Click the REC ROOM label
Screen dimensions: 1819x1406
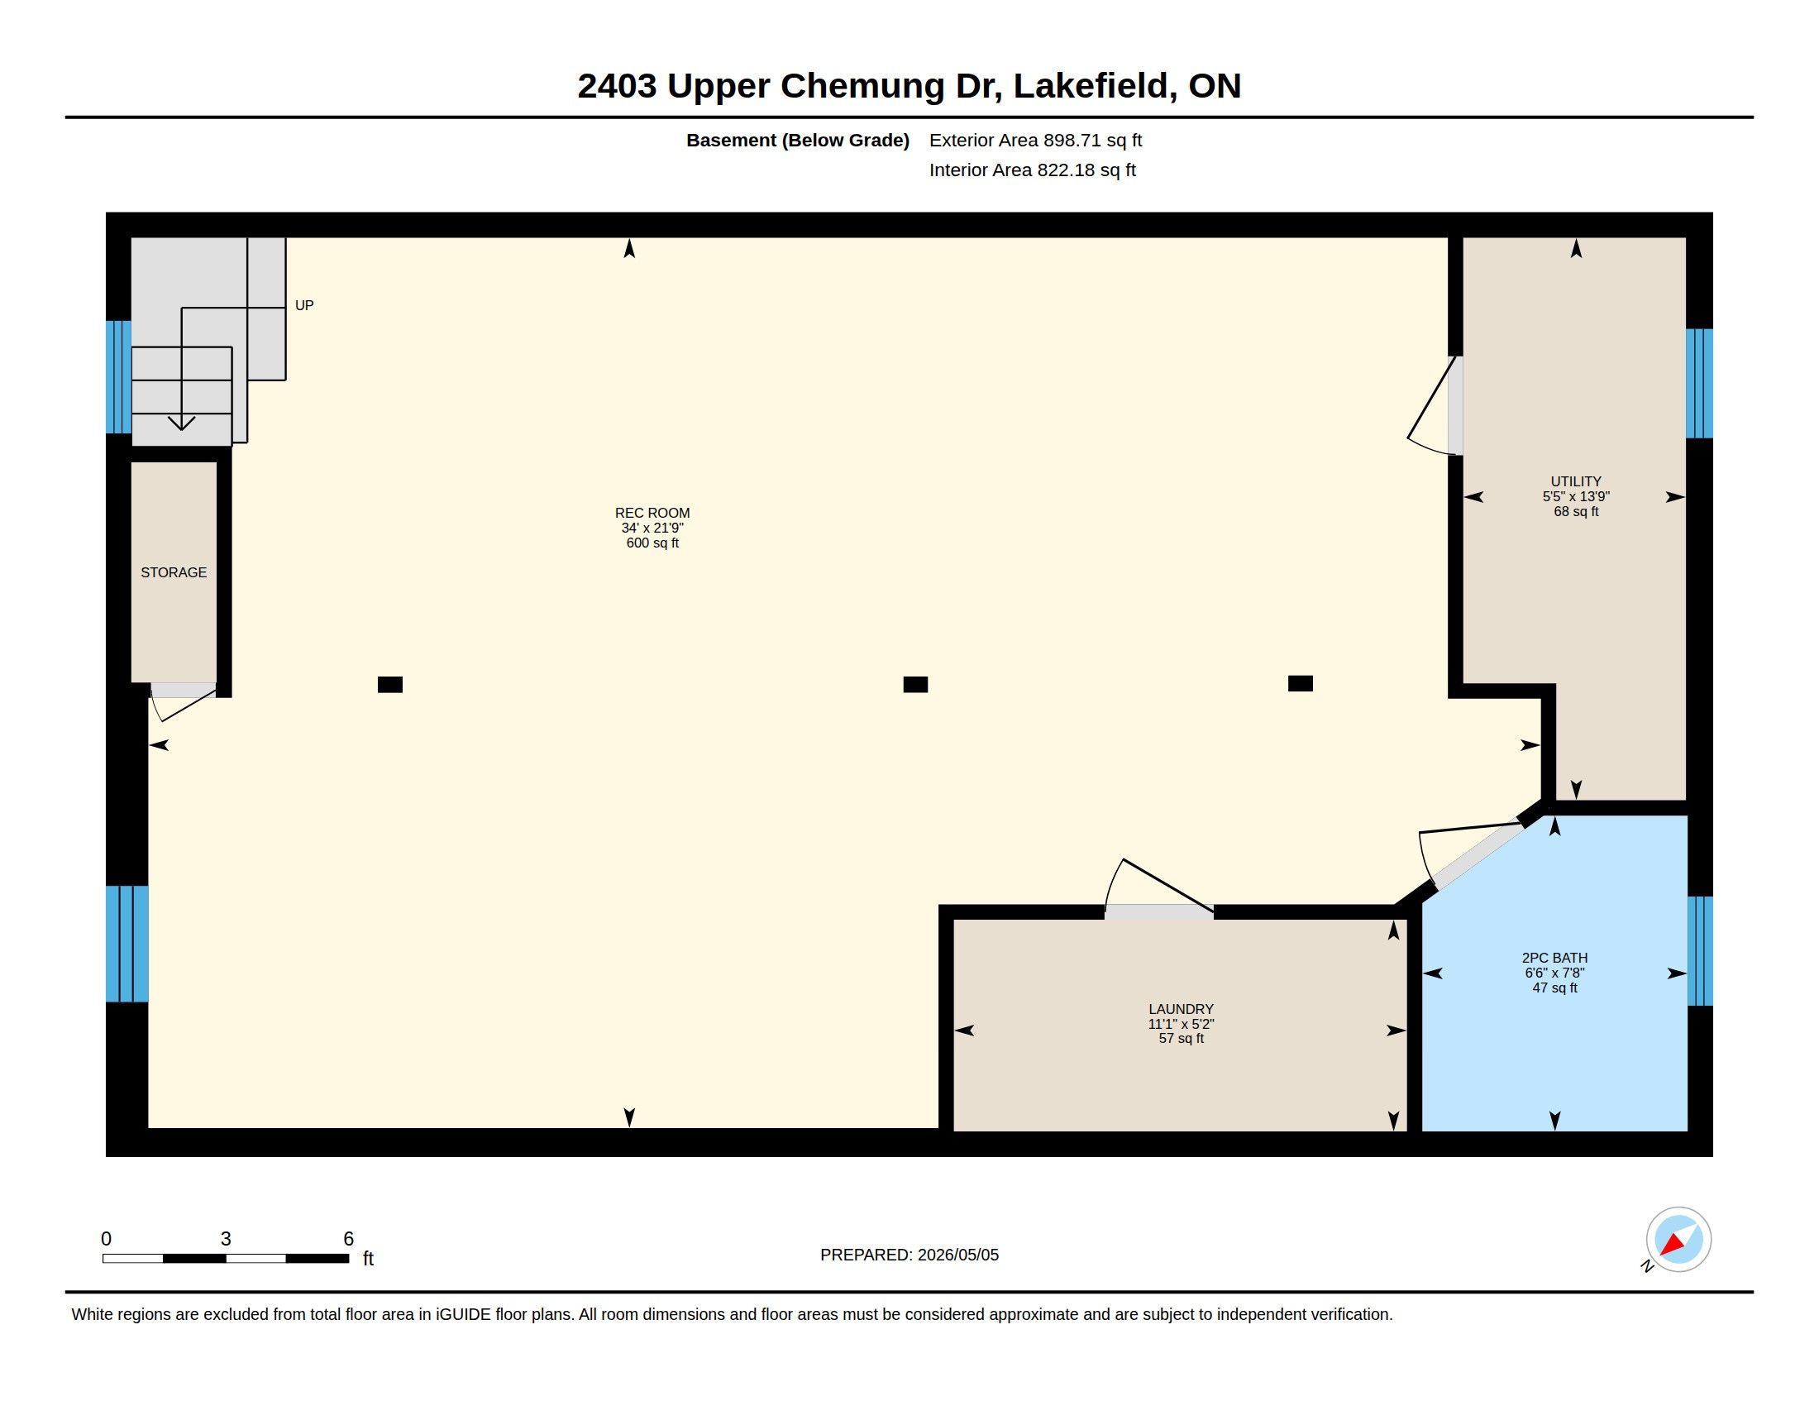652,513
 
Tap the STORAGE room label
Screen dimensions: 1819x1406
174,572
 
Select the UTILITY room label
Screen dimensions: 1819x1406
1575,481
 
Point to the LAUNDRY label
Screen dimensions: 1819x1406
1180,1009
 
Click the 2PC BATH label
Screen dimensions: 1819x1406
1554,958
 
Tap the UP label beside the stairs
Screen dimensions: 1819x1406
304,306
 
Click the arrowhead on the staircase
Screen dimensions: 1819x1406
182,423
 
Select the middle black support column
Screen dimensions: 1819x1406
915,685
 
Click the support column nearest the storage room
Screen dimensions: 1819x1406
389,685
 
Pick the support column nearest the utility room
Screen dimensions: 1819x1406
1300,684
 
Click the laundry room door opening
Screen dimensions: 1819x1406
1158,912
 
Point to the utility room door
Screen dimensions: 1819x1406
1455,405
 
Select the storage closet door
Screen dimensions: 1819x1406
184,691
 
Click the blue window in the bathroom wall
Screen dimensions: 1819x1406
1700,950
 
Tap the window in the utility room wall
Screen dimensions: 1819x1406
1699,383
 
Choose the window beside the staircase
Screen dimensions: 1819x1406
118,376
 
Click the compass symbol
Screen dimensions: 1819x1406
1678,1240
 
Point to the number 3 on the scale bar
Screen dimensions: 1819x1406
226,1239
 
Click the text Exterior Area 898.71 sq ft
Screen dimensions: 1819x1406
1035,140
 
